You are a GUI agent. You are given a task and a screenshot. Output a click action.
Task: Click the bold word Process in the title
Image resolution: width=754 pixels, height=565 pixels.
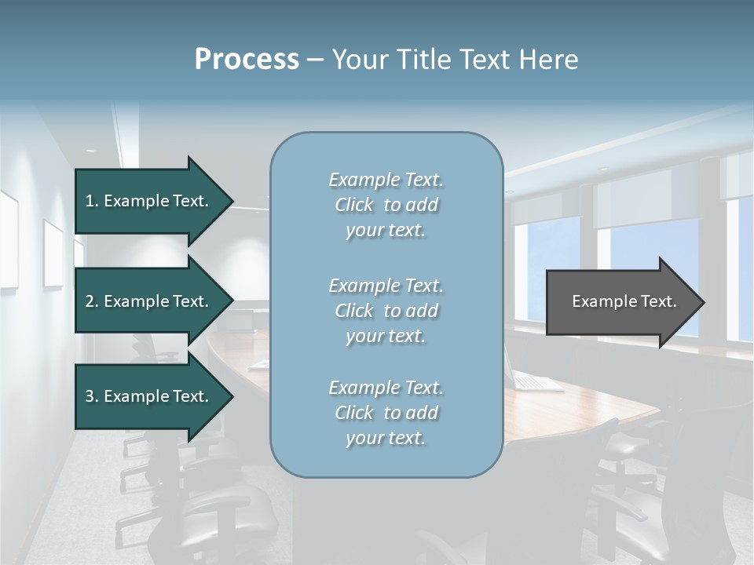click(247, 60)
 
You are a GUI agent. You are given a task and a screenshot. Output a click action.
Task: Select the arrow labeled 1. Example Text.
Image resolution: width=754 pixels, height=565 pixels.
click(149, 201)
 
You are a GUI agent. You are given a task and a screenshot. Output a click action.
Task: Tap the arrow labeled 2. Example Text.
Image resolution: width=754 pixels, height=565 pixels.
click(149, 301)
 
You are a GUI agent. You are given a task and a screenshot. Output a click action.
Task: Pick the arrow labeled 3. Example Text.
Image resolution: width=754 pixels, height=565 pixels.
click(149, 396)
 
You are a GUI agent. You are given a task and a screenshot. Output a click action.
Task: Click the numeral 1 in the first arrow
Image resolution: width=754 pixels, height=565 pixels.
click(90, 201)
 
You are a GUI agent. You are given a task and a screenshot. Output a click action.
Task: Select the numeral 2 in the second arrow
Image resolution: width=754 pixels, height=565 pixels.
click(90, 301)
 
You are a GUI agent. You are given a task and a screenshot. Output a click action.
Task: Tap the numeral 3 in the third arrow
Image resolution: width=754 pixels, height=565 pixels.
click(90, 396)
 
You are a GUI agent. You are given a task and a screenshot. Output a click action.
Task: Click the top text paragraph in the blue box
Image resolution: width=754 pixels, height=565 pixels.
click(386, 205)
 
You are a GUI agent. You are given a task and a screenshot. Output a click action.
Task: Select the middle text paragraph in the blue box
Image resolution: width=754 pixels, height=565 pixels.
click(386, 311)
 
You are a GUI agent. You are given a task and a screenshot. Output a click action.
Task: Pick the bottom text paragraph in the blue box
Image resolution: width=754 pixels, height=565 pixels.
click(386, 413)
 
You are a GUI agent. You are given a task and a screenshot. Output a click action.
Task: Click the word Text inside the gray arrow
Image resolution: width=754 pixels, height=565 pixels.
click(659, 301)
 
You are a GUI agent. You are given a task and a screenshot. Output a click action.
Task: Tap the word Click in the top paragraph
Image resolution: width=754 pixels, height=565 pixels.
click(354, 205)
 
